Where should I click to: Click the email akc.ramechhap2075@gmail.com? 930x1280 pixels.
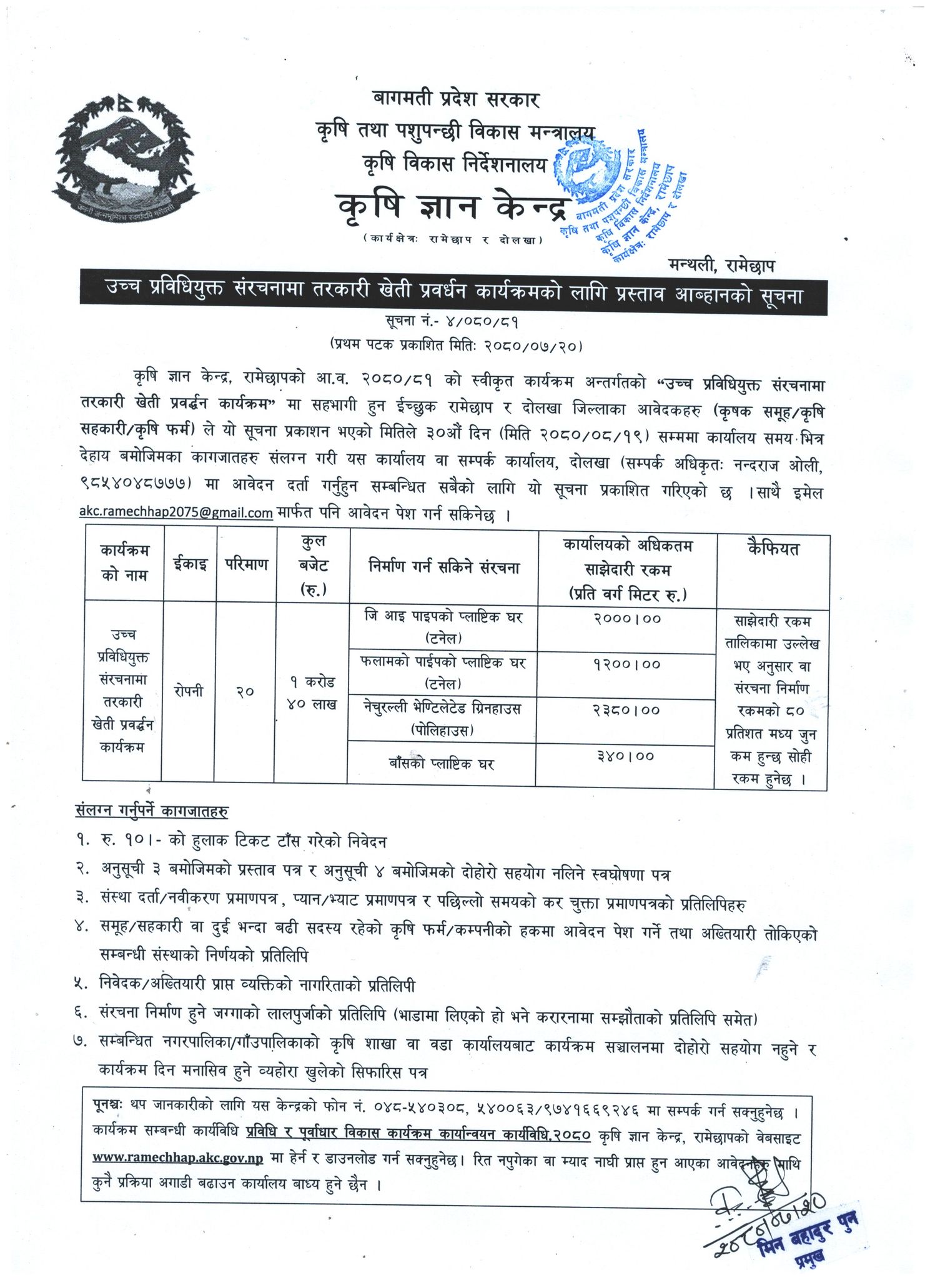pos(176,513)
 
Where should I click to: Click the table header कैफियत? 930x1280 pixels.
pos(773,550)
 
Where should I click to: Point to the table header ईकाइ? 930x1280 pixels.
pos(190,564)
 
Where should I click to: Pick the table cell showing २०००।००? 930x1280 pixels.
pos(626,619)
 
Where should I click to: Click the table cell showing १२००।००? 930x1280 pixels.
pos(626,664)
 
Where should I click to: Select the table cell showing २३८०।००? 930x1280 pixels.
pos(626,711)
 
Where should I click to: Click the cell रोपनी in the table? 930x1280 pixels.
pos(189,692)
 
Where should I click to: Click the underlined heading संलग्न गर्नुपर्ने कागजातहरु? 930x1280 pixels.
pos(152,812)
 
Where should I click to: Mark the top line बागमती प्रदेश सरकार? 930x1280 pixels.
pos(457,99)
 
